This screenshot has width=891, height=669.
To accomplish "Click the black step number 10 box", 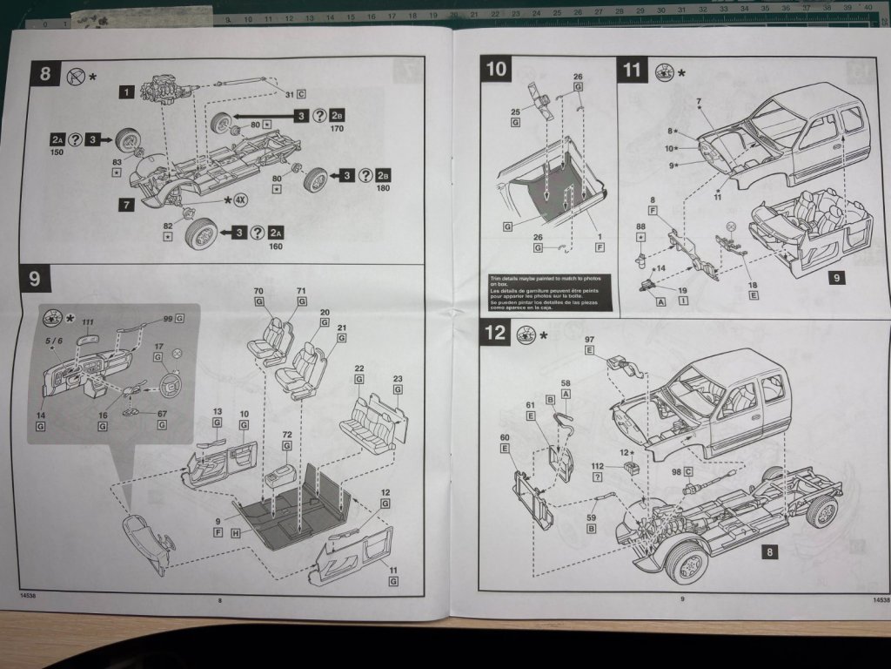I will tap(497, 71).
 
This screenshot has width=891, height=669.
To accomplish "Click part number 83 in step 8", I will tap(116, 162).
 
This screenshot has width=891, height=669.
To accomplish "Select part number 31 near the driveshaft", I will tap(290, 93).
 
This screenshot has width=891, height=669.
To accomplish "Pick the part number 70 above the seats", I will tap(258, 291).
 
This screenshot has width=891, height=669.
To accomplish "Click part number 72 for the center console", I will tap(287, 433).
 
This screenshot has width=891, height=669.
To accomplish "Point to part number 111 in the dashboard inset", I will tap(88, 322).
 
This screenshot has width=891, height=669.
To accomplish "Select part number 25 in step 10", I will tap(514, 111).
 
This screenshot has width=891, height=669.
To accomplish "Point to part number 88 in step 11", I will tap(641, 226).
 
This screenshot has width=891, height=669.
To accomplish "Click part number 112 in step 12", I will tap(597, 466).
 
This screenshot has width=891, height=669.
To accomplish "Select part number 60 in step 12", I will tap(505, 437).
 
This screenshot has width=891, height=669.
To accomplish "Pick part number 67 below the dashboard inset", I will tap(162, 414).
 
